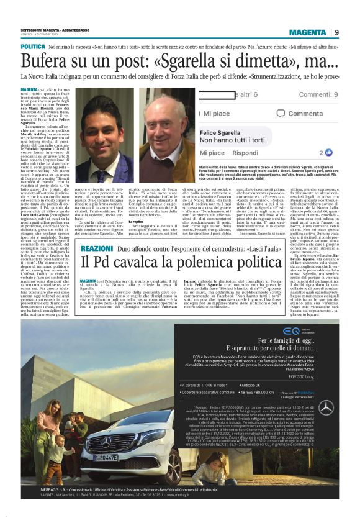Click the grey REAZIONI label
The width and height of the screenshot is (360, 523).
96,248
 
